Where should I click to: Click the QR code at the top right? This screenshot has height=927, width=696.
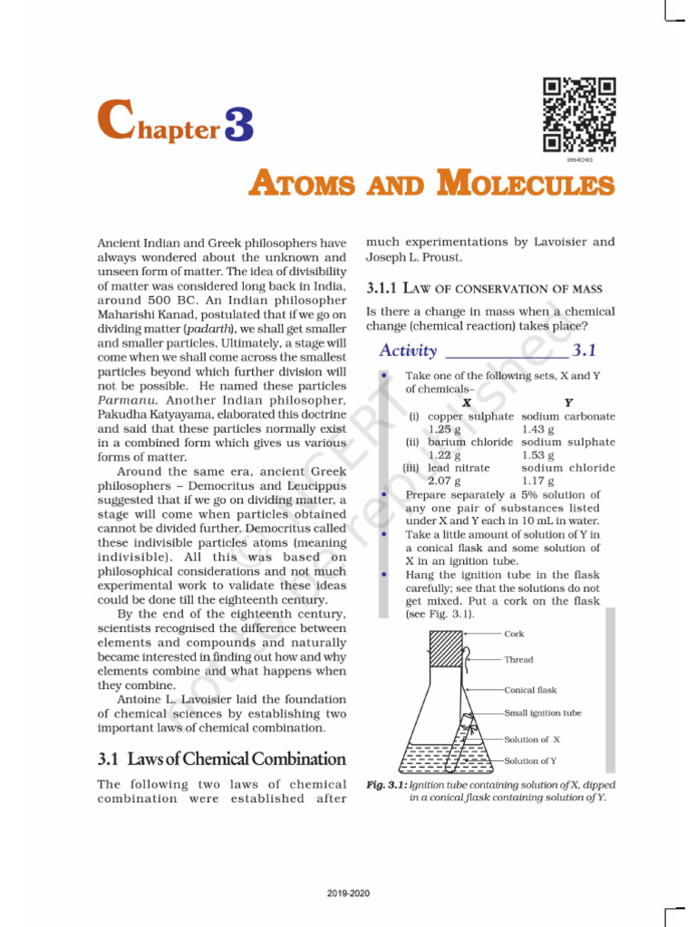coord(580,115)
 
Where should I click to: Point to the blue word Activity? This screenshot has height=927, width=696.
coord(408,350)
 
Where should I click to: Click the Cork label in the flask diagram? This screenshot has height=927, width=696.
coord(514,634)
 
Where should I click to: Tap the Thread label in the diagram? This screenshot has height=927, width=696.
coord(518,660)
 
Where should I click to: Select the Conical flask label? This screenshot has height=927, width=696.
coord(530,690)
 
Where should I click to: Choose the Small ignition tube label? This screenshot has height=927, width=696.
coord(543,712)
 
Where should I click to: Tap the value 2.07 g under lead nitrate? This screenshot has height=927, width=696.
coord(446,481)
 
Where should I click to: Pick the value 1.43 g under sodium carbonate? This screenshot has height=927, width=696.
coord(538,429)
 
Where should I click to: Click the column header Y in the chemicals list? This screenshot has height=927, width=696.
coord(568,402)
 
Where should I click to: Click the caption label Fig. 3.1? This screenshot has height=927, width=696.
coord(385,785)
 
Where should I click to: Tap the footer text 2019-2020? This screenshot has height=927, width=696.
coord(348,893)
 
